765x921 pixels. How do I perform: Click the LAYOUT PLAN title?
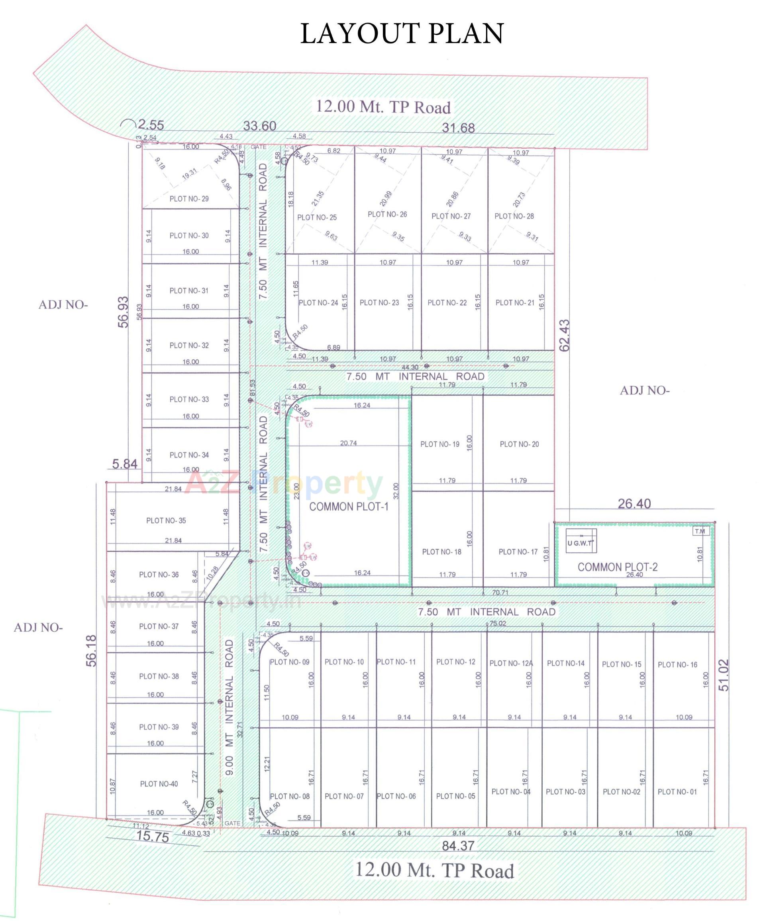point(402,34)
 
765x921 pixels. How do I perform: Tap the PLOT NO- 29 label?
point(189,199)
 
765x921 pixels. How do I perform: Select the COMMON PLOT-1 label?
point(349,507)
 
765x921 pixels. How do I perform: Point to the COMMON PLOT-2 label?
point(617,567)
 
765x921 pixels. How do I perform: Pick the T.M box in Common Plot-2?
point(700,531)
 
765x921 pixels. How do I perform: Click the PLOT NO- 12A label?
point(511,663)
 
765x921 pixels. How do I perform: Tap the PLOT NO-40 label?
point(159,784)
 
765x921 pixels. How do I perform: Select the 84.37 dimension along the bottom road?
point(458,846)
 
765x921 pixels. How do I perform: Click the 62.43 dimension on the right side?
point(565,336)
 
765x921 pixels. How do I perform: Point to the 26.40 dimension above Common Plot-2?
point(634,503)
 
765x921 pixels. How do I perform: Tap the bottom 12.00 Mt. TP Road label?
point(434,870)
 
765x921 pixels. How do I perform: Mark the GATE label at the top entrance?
point(258,147)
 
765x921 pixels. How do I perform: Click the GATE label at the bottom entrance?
point(232,823)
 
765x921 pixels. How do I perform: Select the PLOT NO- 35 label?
point(166,520)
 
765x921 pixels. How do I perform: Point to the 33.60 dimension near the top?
point(259,126)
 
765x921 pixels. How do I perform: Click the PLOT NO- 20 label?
point(519,444)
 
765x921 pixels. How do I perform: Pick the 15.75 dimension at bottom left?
point(153,837)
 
